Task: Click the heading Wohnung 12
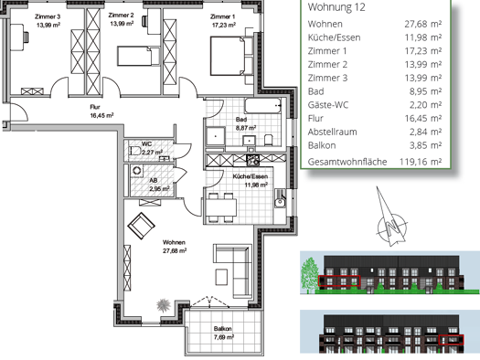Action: click(x=336, y=7)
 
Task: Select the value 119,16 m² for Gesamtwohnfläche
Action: click(x=421, y=161)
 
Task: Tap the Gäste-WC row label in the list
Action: click(x=328, y=105)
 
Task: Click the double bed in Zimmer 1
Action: click(x=231, y=56)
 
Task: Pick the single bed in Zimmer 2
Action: click(x=138, y=56)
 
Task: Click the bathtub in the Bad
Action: click(x=262, y=105)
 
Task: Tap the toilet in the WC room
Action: click(x=135, y=151)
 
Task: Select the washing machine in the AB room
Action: click(x=136, y=171)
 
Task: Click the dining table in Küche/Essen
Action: click(x=221, y=207)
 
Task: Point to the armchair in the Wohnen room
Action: click(x=141, y=226)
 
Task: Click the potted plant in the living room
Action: click(x=164, y=305)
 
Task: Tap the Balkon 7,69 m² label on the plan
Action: click(x=224, y=333)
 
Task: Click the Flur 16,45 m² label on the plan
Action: click(x=101, y=111)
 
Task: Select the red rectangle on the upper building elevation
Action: click(x=339, y=281)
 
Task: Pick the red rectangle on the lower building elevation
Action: click(x=452, y=340)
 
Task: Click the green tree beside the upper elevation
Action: click(x=310, y=273)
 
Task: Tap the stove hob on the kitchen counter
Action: click(x=253, y=160)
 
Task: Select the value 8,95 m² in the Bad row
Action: click(x=425, y=91)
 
